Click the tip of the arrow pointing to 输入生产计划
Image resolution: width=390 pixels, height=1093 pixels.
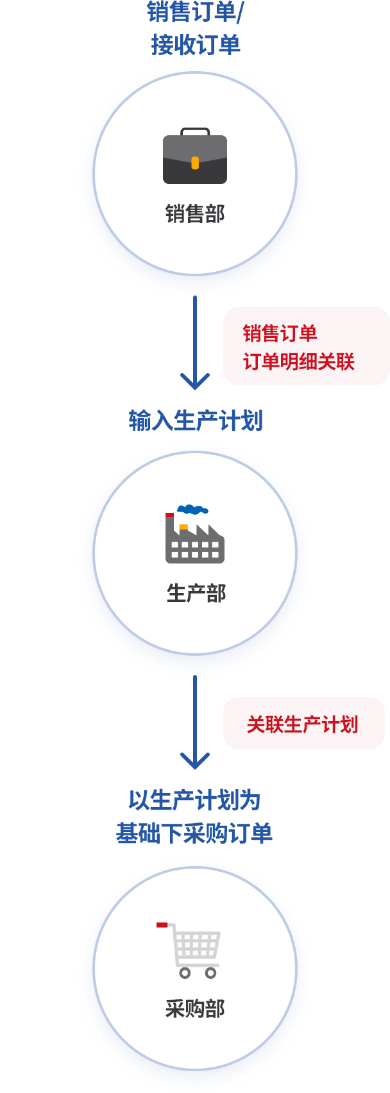[195, 389]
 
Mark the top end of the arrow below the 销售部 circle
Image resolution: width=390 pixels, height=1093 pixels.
[195, 297]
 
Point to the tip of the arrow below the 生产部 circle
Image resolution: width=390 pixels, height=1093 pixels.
[195, 769]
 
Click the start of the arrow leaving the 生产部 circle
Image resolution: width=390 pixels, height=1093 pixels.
[195, 676]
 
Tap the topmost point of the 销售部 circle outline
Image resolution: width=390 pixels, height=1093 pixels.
[195, 72]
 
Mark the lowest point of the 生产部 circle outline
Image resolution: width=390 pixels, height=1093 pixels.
[195, 654]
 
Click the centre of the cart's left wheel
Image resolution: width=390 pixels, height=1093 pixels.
[185, 973]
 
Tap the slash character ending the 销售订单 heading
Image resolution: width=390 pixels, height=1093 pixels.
[239, 12]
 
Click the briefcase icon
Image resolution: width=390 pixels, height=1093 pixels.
[195, 156]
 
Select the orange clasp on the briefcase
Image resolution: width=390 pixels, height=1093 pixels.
[195, 163]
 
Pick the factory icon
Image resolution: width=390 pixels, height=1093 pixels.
[195, 534]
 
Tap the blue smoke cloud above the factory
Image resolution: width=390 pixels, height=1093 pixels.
[192, 510]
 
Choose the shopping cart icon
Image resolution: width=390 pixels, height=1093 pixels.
[189, 951]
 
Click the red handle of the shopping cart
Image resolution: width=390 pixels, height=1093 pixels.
[162, 924]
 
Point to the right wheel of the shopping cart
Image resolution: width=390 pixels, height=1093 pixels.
[210, 973]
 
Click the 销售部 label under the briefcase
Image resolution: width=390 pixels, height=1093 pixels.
[195, 213]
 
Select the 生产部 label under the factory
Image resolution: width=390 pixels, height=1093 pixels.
[196, 594]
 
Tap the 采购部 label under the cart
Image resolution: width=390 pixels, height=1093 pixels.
[195, 1008]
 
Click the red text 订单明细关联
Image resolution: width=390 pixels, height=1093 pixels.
[299, 362]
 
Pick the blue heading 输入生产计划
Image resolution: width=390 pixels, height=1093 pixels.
[196, 420]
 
